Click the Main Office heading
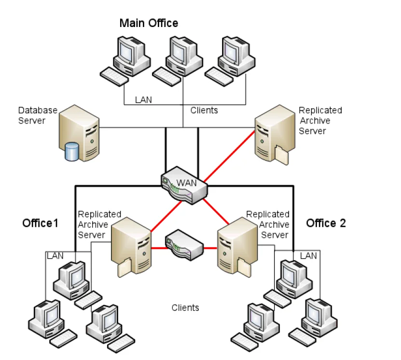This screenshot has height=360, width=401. [x=149, y=23]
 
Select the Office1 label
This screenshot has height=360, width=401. [x=40, y=223]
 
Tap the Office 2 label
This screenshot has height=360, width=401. [x=326, y=223]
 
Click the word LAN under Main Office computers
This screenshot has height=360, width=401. [x=143, y=100]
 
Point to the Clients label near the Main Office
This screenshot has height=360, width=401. [x=204, y=111]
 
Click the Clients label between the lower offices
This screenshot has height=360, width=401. [x=185, y=307]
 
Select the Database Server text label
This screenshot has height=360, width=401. [x=38, y=115]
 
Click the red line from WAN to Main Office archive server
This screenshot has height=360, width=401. [x=229, y=156]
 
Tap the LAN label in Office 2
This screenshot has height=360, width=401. [x=309, y=255]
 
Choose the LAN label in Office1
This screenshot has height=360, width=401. [x=55, y=255]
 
